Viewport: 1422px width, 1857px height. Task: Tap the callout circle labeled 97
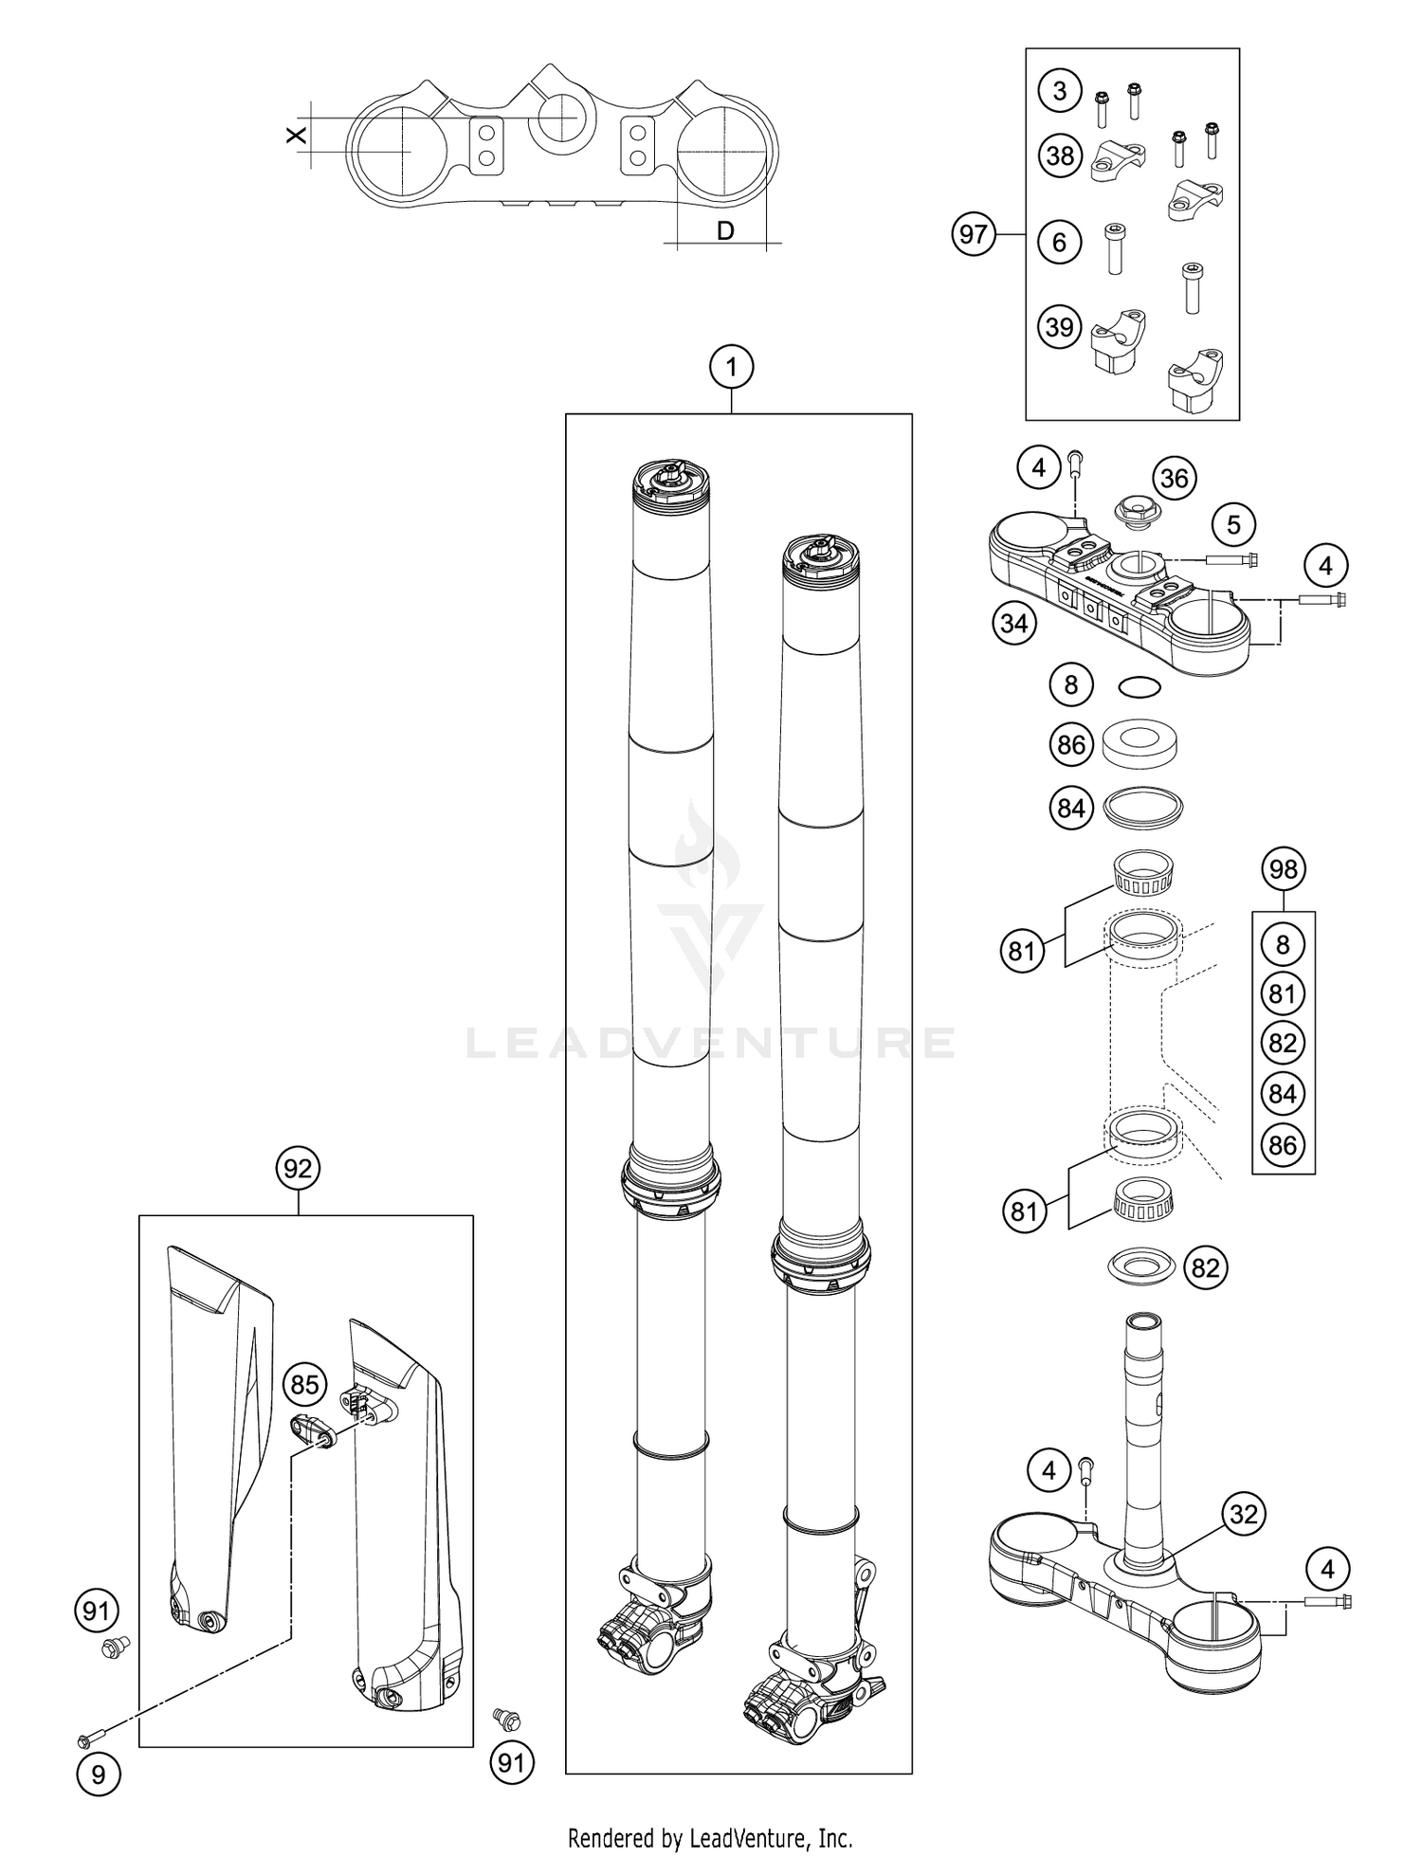pos(974,234)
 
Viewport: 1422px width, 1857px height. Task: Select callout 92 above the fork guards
pos(298,1169)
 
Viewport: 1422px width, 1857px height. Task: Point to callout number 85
pos(304,1385)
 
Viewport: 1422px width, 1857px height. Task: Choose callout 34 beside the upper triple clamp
pos(1013,624)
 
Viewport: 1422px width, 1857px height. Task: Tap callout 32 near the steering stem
pos(1243,1514)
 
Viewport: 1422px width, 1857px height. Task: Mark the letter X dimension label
pos(297,135)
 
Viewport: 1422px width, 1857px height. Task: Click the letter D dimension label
pos(724,229)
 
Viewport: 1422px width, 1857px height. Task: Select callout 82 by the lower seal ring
pos(1205,1267)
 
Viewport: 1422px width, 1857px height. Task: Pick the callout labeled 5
pos(1233,524)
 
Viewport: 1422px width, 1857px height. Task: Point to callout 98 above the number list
pos(1283,868)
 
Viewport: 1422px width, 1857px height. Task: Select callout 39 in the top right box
pos(1059,326)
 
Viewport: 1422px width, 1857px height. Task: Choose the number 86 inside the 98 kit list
pos(1283,1144)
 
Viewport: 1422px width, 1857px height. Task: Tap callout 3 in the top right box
pos(1059,91)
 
